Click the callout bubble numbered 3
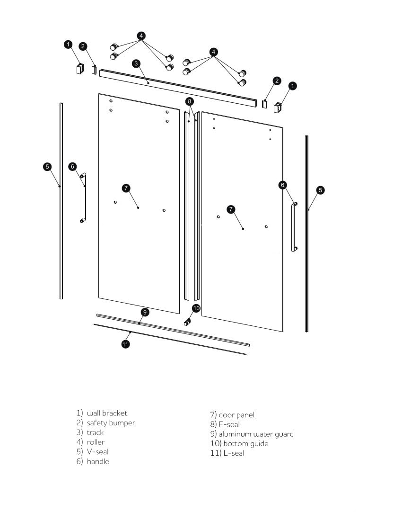tap(136, 63)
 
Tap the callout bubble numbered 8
tap(189, 101)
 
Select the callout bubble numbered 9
tap(145, 312)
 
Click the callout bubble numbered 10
tap(196, 308)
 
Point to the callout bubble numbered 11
tap(126, 344)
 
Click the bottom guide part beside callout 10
tap(187, 322)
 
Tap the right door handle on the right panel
tap(294, 227)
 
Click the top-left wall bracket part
tap(79, 69)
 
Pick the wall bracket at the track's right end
tap(278, 108)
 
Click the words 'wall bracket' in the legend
tap(107, 413)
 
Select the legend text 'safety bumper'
tap(111, 423)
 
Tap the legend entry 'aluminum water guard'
tap(256, 434)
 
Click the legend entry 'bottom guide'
tap(245, 444)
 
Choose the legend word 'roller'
tap(96, 442)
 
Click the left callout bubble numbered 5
tap(47, 167)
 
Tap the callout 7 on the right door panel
tap(231, 209)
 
